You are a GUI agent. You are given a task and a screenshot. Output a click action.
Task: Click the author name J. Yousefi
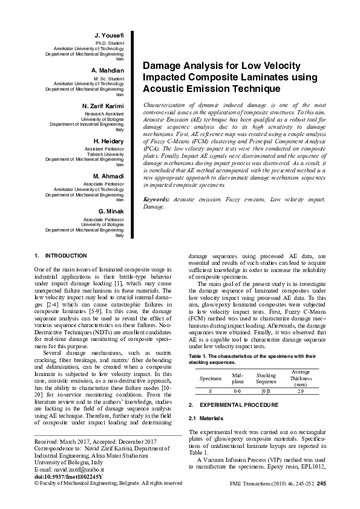point(110,36)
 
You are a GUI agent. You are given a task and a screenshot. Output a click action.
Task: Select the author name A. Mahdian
point(108,71)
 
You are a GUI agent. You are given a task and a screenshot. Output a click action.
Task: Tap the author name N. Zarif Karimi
point(102,106)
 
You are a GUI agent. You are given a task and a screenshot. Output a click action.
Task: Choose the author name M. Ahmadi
point(108,176)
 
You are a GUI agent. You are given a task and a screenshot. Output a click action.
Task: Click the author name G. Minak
point(111,210)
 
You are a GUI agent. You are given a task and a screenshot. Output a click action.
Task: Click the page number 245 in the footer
point(321,484)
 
